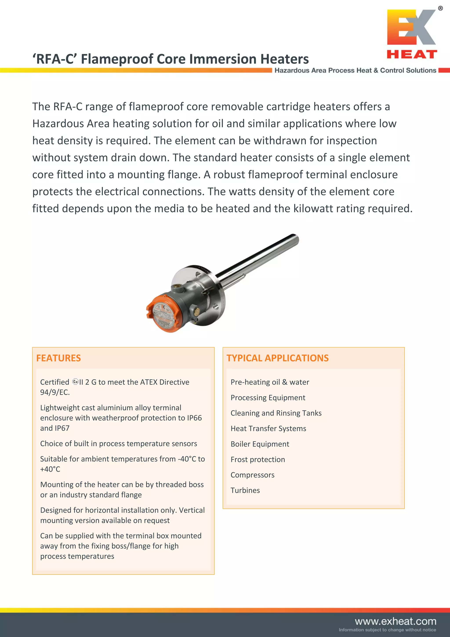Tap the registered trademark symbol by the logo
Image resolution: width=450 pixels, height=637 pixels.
click(x=440, y=9)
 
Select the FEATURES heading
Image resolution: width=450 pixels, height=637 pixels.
click(x=58, y=358)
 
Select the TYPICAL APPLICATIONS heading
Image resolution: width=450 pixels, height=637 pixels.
click(x=277, y=358)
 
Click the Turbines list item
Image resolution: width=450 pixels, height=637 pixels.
click(x=245, y=490)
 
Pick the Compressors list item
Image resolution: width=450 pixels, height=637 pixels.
click(x=252, y=475)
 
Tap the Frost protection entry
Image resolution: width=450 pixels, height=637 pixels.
click(x=258, y=459)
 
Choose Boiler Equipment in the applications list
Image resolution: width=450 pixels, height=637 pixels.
click(x=260, y=444)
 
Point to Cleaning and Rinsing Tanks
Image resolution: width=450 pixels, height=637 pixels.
click(x=276, y=413)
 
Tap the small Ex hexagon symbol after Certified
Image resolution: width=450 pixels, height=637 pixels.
click(x=75, y=382)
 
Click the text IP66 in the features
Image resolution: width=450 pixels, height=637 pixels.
click(x=194, y=418)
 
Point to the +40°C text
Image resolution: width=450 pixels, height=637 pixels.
click(x=50, y=469)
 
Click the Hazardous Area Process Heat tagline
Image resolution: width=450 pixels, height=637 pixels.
click(x=355, y=70)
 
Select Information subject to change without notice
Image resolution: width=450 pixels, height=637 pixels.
click(x=387, y=630)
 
